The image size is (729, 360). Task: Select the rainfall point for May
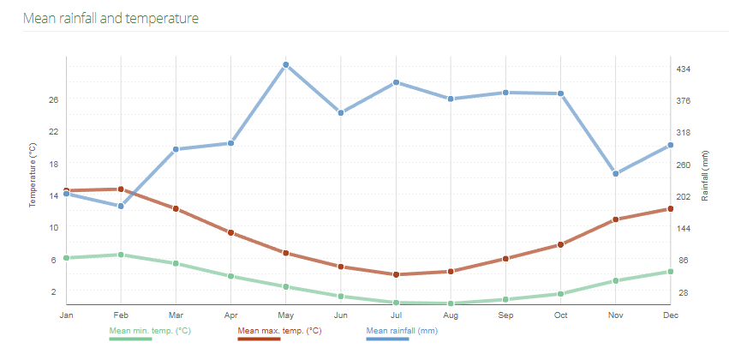click(x=286, y=65)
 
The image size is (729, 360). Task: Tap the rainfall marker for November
click(x=616, y=174)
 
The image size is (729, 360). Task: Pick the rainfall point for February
click(x=121, y=206)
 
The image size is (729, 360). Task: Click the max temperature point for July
click(x=396, y=274)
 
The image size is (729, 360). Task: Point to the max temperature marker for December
click(x=671, y=209)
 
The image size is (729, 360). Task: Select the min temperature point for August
click(x=451, y=303)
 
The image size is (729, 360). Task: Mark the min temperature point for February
click(x=121, y=255)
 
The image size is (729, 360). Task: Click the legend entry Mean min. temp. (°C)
click(x=150, y=330)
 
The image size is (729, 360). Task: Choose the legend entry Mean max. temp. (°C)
click(x=279, y=330)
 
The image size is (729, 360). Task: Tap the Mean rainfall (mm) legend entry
click(x=402, y=330)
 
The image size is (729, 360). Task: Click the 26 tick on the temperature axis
click(x=53, y=99)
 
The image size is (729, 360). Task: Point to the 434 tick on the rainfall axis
click(x=684, y=69)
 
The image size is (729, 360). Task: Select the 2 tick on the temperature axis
click(x=53, y=291)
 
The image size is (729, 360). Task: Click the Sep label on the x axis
click(x=505, y=315)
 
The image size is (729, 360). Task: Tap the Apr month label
click(x=230, y=315)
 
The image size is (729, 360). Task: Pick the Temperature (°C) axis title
click(x=33, y=176)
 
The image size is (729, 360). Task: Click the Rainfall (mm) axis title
click(x=705, y=176)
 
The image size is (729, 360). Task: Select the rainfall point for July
click(x=396, y=82)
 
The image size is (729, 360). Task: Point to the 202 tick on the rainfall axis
click(x=684, y=196)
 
